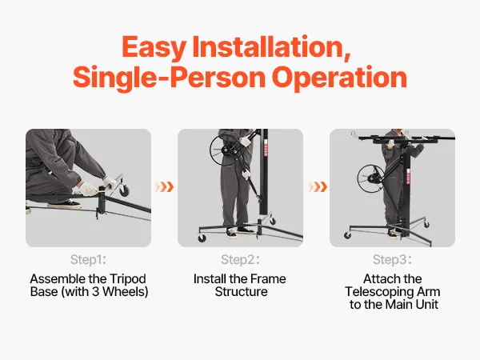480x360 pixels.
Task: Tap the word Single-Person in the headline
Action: click(169, 78)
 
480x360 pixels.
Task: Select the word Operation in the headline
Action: click(339, 78)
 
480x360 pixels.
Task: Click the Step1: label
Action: click(88, 259)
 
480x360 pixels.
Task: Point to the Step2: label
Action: click(240, 259)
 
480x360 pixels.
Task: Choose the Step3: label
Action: click(392, 259)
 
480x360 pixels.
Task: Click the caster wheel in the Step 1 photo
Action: click(124, 191)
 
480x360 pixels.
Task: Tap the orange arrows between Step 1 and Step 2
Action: click(164, 186)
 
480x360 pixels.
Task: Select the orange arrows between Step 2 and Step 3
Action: click(318, 186)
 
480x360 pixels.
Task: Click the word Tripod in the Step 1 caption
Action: click(128, 279)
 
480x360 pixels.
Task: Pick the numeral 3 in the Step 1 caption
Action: click(95, 292)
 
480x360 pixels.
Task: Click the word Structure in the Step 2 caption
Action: click(241, 292)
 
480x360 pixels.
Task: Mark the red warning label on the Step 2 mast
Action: click(266, 148)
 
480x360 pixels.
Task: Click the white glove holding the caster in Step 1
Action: click(110, 183)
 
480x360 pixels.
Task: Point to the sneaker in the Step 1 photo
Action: click(64, 205)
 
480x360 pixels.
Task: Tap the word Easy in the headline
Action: click(154, 47)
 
